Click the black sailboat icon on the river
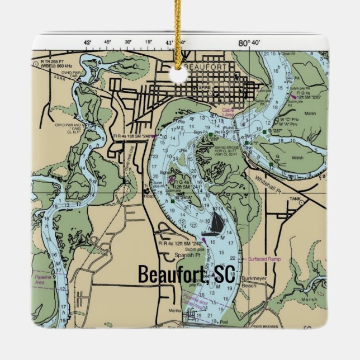[x=217, y=224]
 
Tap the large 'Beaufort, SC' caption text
[x=187, y=274]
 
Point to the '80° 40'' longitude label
[x=249, y=43]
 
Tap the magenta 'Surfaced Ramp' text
[x=264, y=260]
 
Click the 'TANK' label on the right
[x=295, y=199]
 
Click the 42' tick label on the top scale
[x=87, y=42]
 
